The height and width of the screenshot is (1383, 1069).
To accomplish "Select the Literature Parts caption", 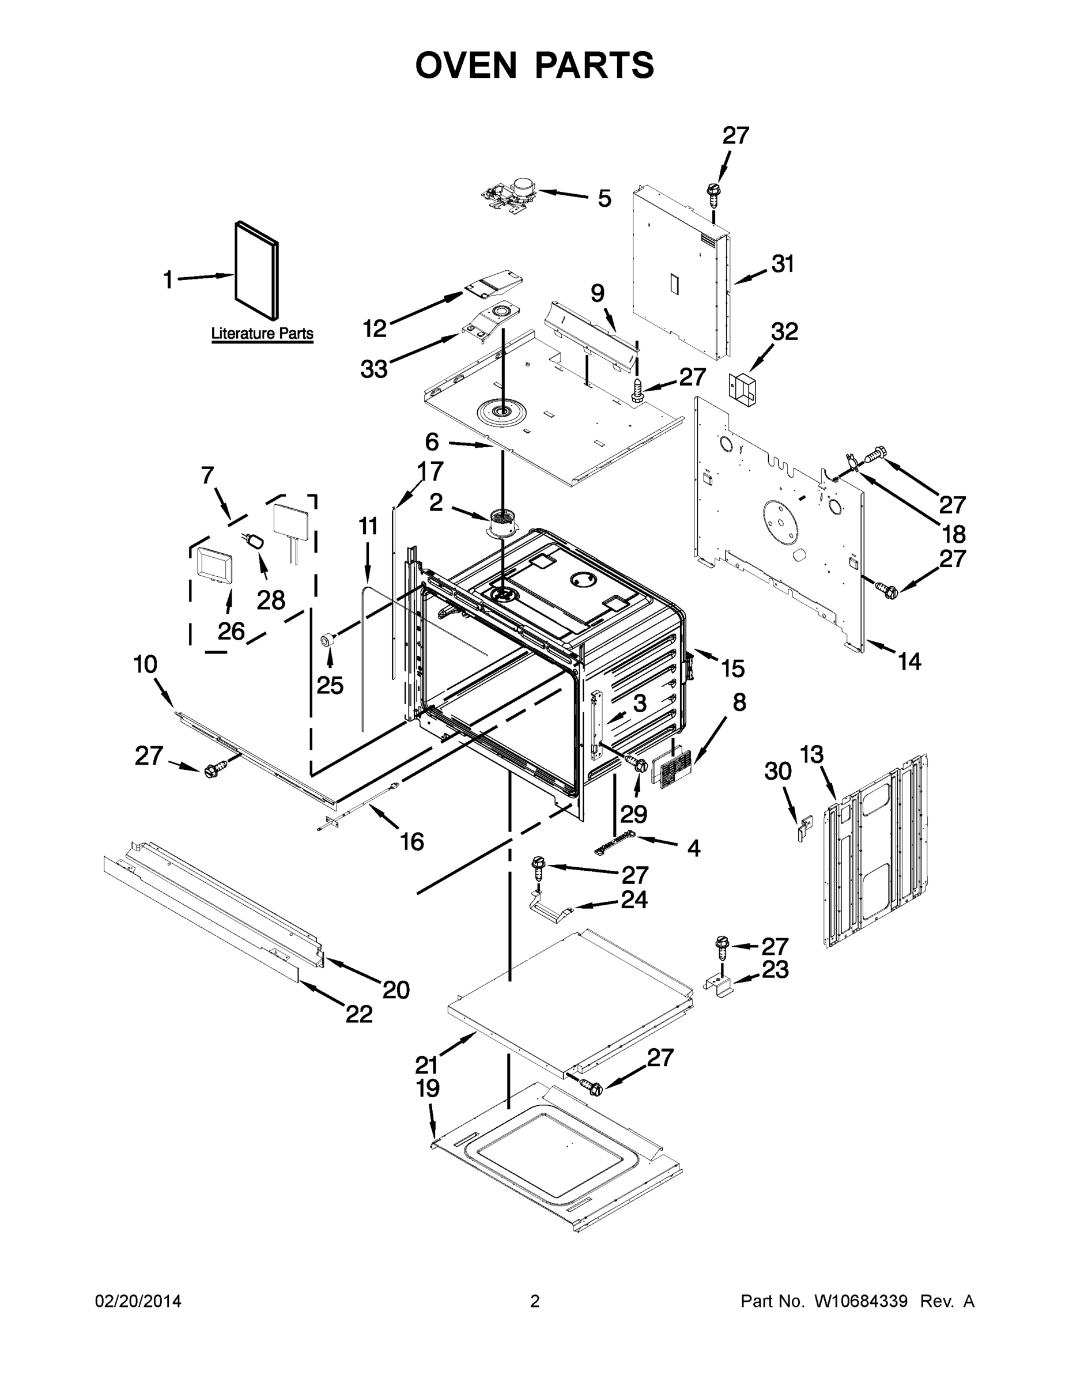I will click(x=262, y=333).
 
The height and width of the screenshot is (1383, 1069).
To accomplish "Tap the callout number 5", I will click(x=604, y=198).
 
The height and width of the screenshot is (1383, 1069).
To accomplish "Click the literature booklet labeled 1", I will click(x=256, y=270).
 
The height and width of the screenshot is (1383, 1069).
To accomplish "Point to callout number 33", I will click(x=373, y=369).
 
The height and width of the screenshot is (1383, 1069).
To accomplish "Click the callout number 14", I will click(x=909, y=662).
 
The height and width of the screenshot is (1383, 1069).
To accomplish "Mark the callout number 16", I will click(x=411, y=841).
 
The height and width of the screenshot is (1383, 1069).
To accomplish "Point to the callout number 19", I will click(x=428, y=1089).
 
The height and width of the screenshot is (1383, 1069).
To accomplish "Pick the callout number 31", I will click(x=783, y=264).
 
